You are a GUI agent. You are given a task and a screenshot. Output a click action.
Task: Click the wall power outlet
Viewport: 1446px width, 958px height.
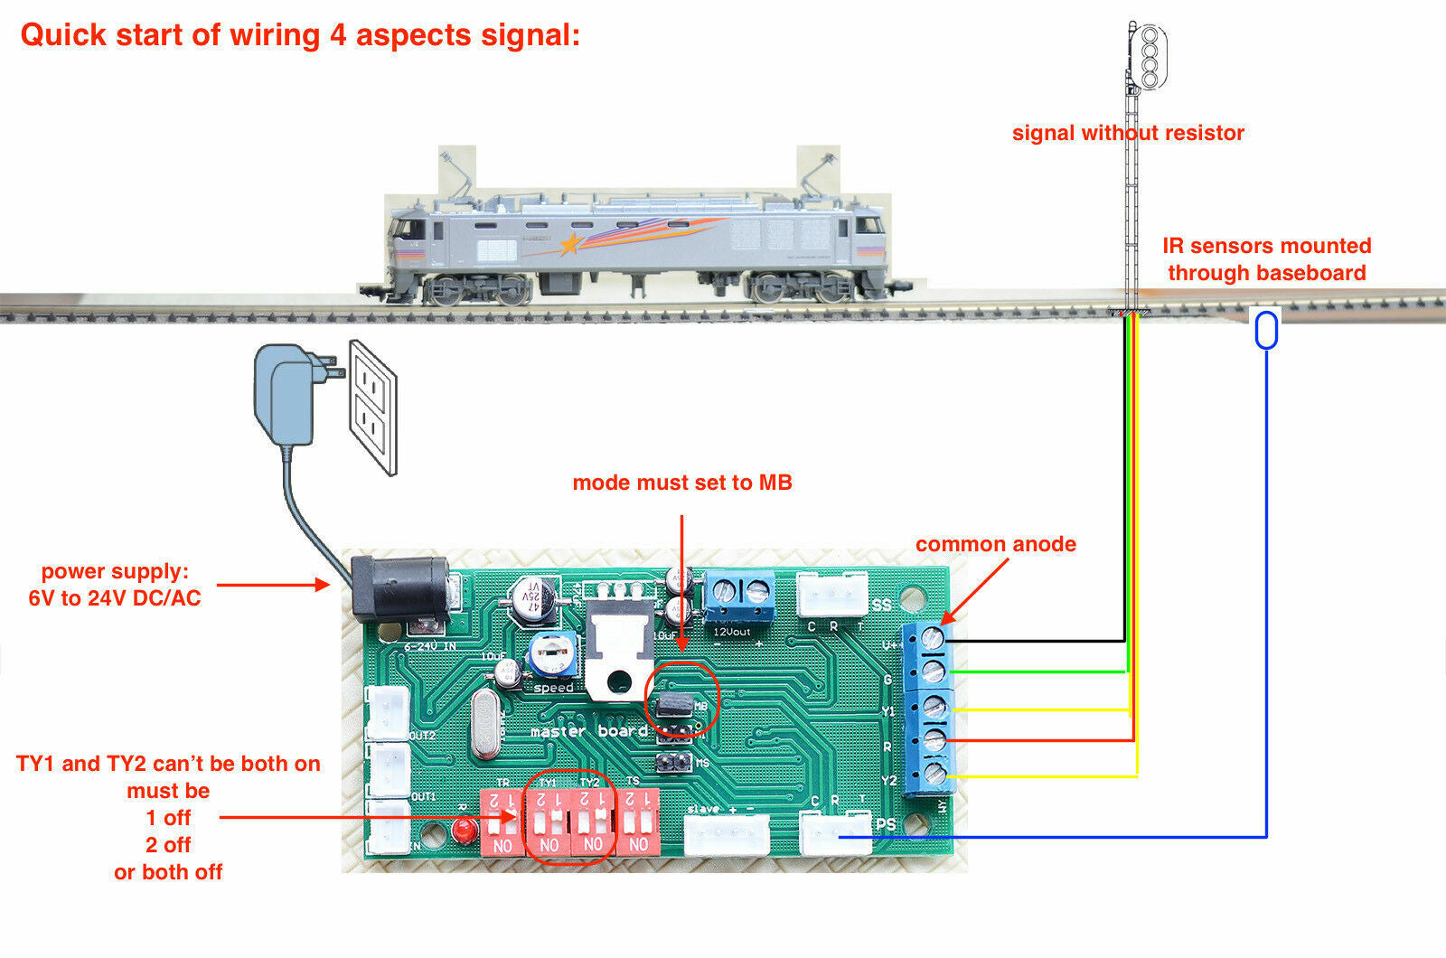(373, 407)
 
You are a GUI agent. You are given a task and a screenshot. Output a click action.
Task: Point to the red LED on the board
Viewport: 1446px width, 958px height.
(465, 829)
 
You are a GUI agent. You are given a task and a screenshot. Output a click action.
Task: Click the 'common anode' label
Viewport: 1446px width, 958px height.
(995, 544)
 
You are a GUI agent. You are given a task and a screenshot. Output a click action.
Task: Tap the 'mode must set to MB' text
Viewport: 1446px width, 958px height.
(682, 483)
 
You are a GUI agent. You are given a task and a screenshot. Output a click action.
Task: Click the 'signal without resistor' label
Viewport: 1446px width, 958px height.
(1128, 133)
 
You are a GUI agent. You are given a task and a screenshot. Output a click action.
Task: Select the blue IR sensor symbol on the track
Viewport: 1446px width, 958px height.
(1266, 329)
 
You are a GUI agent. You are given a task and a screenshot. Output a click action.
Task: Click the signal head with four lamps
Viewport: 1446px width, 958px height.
(1150, 56)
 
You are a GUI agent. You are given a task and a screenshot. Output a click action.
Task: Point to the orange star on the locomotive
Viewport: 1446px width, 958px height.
(569, 243)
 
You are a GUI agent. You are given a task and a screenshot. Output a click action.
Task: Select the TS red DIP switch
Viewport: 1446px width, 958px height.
(638, 822)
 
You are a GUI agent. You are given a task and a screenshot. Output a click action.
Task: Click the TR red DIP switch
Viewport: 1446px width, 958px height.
(502, 822)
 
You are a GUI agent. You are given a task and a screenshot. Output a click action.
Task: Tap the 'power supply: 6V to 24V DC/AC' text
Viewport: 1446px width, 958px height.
(115, 585)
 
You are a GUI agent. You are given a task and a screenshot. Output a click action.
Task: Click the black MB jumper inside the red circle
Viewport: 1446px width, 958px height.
(676, 704)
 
